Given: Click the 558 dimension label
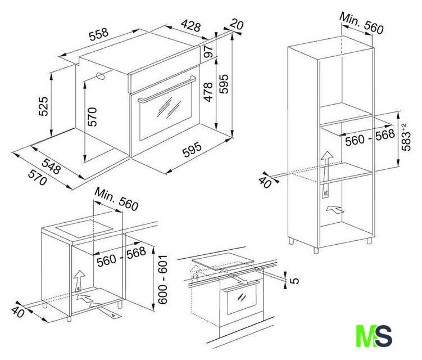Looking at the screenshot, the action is [x=99, y=34].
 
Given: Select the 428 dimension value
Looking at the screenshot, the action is [x=191, y=25].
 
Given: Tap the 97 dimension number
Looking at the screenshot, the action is [x=208, y=51].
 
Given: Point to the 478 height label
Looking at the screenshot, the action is [x=208, y=92].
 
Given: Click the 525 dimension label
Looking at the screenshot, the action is [x=43, y=106].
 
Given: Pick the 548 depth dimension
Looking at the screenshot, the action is [x=51, y=166].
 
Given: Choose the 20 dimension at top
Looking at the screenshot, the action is [x=237, y=24].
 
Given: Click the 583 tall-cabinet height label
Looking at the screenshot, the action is [x=406, y=137].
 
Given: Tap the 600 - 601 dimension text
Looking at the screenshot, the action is [x=162, y=280].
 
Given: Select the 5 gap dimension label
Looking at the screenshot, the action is [x=295, y=281].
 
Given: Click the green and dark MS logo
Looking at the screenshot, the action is [x=374, y=336].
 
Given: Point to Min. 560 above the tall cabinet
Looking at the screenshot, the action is [x=361, y=23].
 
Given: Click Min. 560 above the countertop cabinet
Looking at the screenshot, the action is [x=116, y=199].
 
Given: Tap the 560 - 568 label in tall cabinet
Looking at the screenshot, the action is [x=370, y=138].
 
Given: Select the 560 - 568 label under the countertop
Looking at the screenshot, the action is [x=121, y=257].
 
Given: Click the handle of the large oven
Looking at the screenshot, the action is [x=167, y=89].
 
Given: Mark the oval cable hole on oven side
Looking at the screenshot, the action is [x=101, y=76].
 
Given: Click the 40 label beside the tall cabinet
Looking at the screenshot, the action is [x=265, y=182].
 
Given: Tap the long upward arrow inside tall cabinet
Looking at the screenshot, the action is [x=326, y=174].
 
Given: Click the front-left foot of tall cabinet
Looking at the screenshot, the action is [x=316, y=250].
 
